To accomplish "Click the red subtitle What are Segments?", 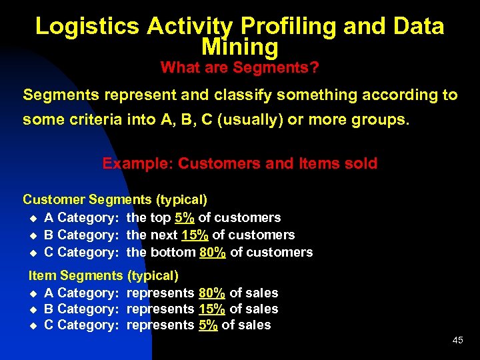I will [x=239, y=67].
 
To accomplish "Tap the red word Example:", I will [x=138, y=163].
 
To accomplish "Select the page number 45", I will [x=457, y=340].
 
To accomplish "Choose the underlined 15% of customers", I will [x=195, y=235].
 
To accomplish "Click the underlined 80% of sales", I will [x=212, y=293].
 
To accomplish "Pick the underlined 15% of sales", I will [x=212, y=309].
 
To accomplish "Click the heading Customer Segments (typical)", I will [x=115, y=199].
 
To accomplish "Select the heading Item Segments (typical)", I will [x=103, y=275].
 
